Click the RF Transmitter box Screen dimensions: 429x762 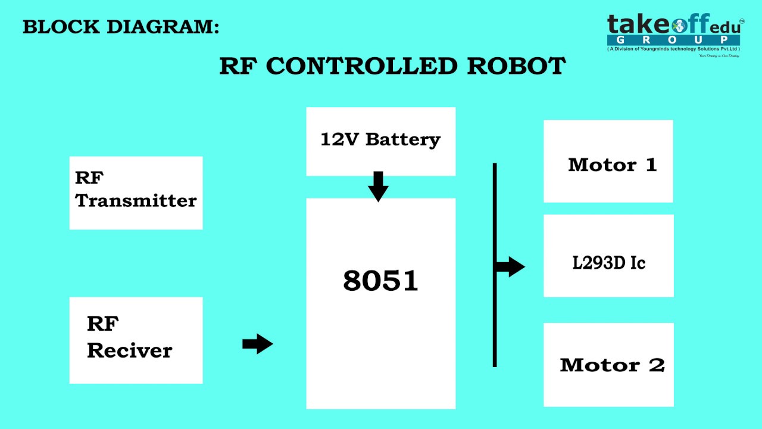click(136, 192)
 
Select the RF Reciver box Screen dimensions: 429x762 click(136, 340)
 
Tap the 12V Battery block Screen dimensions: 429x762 click(380, 141)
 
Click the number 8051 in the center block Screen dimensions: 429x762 click(380, 281)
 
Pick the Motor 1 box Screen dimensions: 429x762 click(608, 161)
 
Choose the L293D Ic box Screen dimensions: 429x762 click(608, 256)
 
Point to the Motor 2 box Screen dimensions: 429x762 click(608, 365)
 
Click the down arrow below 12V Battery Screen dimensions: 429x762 click(378, 186)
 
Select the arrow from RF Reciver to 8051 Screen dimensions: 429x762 click(258, 344)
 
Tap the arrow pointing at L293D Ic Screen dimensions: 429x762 click(510, 266)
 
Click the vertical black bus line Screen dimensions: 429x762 click(495, 316)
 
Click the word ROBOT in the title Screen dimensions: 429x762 click(516, 66)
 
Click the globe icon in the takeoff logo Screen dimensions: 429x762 click(679, 25)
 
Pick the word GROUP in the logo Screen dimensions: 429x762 click(674, 40)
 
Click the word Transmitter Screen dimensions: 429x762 click(136, 201)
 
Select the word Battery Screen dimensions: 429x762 click(403, 140)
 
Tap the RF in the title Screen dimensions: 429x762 click(239, 66)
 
